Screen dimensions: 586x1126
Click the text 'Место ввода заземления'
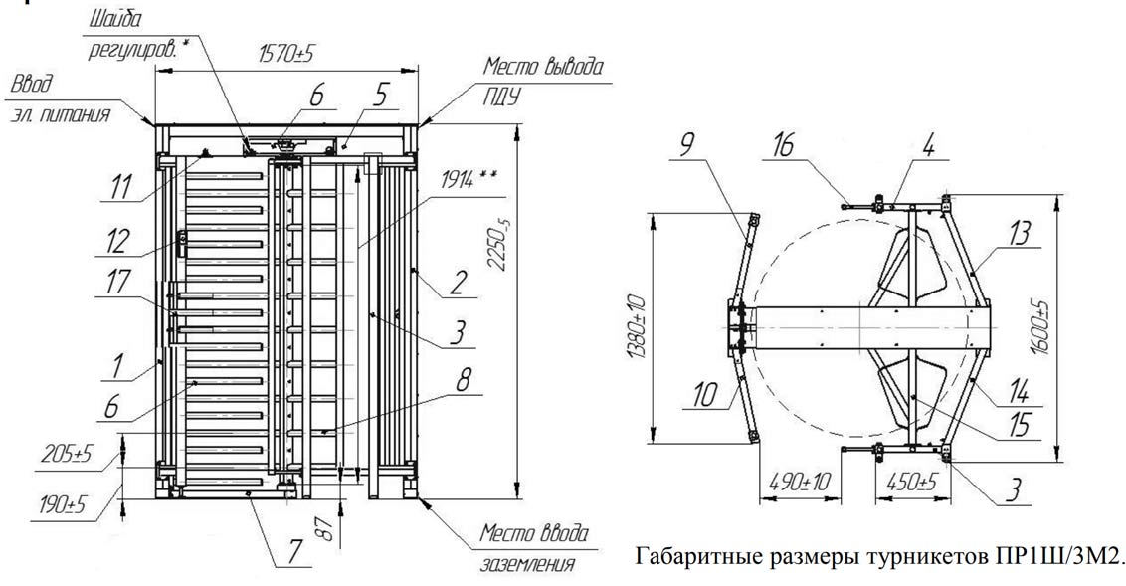point(534,548)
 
